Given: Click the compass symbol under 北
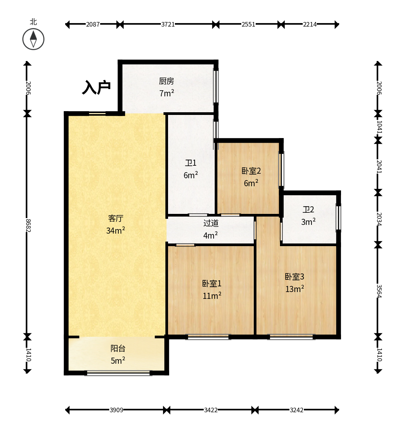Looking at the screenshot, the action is pyautogui.click(x=33, y=39).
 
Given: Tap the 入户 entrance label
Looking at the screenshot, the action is pyautogui.click(x=96, y=87).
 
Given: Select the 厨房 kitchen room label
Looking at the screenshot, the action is pyautogui.click(x=167, y=81).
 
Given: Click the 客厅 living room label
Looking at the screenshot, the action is pyautogui.click(x=116, y=218).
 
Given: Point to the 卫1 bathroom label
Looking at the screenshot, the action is pyautogui.click(x=191, y=163).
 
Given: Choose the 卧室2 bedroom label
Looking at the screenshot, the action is pyautogui.click(x=251, y=171).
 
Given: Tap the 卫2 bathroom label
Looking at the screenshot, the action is pyautogui.click(x=308, y=209).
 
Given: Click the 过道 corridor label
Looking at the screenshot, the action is pyautogui.click(x=211, y=223).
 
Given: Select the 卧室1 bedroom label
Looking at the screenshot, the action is pyautogui.click(x=212, y=284).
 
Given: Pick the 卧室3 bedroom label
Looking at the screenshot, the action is pyautogui.click(x=294, y=276).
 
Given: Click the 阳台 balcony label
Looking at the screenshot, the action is pyautogui.click(x=118, y=348).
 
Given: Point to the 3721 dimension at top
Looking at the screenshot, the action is pyautogui.click(x=168, y=24).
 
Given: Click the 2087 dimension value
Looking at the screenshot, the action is pyautogui.click(x=93, y=24).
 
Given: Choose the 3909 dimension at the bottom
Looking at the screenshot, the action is pyautogui.click(x=116, y=410).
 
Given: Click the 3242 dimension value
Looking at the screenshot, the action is pyautogui.click(x=296, y=410).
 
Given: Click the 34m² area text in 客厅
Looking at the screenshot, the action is pyautogui.click(x=116, y=230).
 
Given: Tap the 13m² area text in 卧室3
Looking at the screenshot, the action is pyautogui.click(x=295, y=289).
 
